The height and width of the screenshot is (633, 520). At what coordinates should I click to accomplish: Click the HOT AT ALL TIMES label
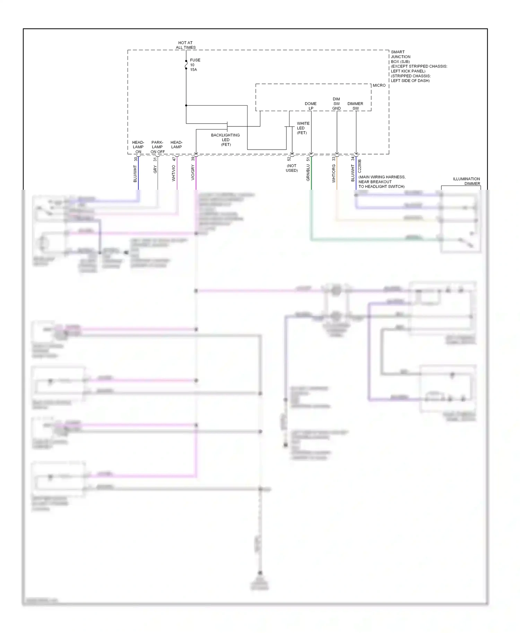185,45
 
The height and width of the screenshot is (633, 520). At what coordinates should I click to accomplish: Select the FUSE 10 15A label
194,65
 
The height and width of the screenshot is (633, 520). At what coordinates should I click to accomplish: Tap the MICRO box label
379,85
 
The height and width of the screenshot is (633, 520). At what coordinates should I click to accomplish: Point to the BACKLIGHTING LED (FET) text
225,140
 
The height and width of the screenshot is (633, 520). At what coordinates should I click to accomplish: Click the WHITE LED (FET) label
303,128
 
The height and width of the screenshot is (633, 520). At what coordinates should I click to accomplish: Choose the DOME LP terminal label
311,106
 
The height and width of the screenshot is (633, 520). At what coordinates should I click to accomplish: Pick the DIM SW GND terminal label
336,104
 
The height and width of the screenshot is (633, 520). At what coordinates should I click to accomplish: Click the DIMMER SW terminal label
355,106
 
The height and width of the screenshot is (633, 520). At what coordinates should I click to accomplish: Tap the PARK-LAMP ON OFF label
157,147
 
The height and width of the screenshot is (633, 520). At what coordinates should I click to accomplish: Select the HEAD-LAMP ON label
138,147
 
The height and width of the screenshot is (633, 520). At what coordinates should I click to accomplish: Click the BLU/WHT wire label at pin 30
135,173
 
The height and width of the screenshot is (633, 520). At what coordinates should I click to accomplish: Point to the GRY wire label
155,169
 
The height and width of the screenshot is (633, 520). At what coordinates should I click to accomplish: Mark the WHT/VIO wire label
174,173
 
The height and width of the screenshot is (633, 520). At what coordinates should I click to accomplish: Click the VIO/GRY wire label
193,172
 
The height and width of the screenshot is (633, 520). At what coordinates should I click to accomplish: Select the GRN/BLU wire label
308,172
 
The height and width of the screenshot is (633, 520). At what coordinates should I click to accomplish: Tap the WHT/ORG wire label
334,173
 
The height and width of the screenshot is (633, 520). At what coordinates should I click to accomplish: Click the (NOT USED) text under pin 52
292,168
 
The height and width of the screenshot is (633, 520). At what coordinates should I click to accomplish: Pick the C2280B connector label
359,166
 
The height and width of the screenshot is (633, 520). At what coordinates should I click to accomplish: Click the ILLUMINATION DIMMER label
466,181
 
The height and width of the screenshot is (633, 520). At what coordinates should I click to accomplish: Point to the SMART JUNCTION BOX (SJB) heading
401,56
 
